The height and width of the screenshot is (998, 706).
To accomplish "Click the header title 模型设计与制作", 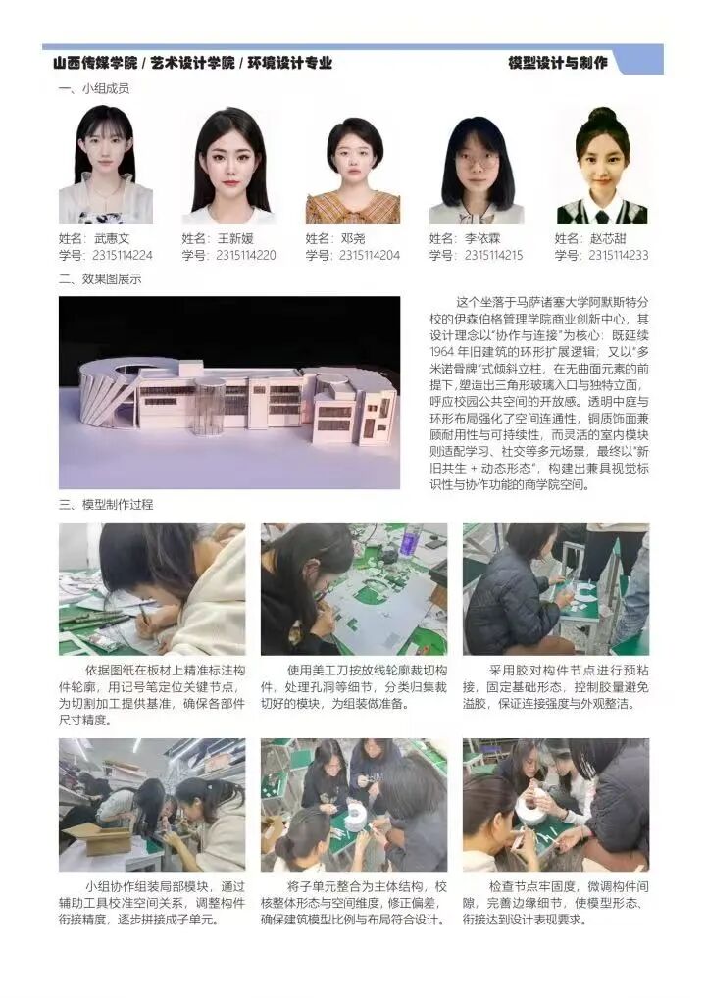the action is (x=558, y=63).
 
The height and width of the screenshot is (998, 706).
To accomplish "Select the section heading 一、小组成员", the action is (x=94, y=89).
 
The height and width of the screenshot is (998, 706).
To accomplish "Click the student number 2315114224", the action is (x=123, y=256).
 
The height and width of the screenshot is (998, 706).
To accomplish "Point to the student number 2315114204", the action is (x=370, y=256).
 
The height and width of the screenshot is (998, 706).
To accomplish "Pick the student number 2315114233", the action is (x=619, y=256).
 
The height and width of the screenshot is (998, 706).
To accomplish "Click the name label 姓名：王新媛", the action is (x=218, y=238).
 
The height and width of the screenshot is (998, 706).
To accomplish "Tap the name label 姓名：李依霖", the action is (x=465, y=238).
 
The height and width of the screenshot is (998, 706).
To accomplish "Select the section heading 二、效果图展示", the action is (x=100, y=279).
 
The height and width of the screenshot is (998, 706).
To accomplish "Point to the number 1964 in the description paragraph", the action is (x=442, y=352).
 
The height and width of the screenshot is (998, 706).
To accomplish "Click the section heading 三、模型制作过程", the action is (x=106, y=505).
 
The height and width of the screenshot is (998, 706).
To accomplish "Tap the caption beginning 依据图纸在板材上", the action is (x=152, y=695).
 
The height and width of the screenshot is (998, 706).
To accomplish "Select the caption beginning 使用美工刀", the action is (x=354, y=687).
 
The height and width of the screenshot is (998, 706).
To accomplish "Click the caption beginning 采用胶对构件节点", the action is (x=556, y=687).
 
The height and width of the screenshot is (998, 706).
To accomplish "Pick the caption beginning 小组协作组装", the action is (x=152, y=903).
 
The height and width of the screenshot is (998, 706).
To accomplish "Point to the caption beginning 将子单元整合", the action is (x=354, y=903).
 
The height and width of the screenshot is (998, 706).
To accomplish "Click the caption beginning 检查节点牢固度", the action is (x=556, y=903).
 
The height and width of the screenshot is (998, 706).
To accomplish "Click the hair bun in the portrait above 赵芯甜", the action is (x=602, y=116).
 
